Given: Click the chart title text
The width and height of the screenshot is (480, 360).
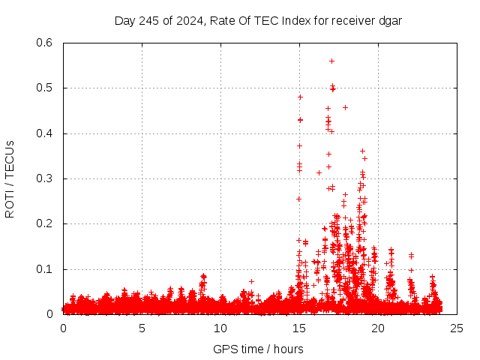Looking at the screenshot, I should pos(258,20).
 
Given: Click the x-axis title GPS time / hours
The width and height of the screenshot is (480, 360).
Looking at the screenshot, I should pos(258,349).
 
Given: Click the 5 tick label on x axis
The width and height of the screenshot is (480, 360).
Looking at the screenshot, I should pos(142,328).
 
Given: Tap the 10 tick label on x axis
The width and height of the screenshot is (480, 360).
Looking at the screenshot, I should pos(220,328).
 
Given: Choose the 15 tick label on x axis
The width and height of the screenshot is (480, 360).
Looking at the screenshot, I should pos(299,328).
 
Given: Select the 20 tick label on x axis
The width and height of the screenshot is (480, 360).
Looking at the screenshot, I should pos(378,328).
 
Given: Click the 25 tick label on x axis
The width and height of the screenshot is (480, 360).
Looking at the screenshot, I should pos(457,328).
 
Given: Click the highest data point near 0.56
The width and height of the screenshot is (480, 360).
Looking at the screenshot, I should pos(331,61).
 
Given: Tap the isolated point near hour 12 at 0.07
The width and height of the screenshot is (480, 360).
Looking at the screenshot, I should pos(252,281).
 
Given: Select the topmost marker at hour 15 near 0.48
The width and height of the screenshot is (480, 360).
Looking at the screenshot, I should pos(300,97).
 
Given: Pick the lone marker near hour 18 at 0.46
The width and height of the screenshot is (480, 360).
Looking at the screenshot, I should pos(345,107).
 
